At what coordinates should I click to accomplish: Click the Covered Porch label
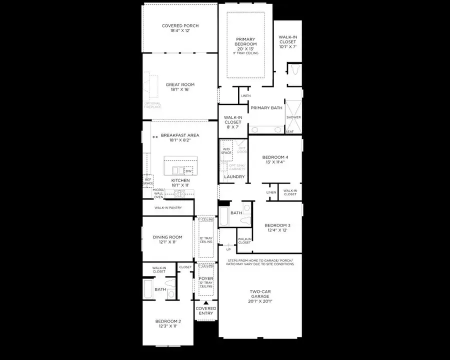click(180, 26)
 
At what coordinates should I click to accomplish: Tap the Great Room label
click(180, 84)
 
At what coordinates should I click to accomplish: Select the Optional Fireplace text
click(152, 105)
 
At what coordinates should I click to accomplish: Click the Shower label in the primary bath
click(293, 117)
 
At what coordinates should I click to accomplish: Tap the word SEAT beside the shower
click(289, 131)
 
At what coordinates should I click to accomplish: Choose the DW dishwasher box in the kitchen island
click(188, 171)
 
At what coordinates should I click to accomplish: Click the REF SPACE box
click(148, 181)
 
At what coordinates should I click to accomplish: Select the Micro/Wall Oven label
click(158, 193)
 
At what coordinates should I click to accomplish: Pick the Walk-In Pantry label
click(167, 207)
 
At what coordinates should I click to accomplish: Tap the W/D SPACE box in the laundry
click(226, 150)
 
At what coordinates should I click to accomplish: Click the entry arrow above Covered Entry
click(205, 303)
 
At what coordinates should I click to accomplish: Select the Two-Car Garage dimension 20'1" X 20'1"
click(260, 301)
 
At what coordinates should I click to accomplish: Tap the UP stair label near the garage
click(228, 249)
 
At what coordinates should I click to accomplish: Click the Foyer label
click(206, 278)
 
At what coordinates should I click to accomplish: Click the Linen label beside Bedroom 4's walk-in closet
click(271, 192)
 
